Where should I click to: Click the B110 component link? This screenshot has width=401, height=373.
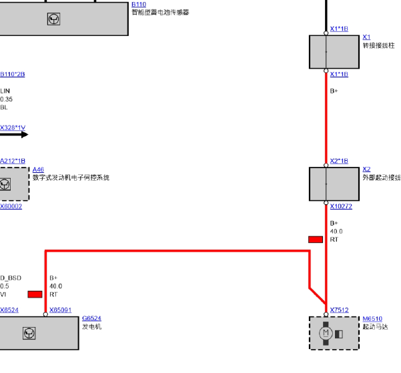pyautogui.click(x=139, y=5)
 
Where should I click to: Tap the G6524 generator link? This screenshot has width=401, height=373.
pyautogui.click(x=91, y=318)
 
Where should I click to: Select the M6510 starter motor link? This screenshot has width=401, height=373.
pyautogui.click(x=372, y=318)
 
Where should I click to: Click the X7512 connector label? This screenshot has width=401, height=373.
pyautogui.click(x=339, y=310)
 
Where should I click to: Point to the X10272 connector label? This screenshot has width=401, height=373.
pyautogui.click(x=341, y=206)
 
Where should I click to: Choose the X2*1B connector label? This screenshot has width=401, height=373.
pyautogui.click(x=339, y=161)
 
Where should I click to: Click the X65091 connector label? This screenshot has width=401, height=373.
pyautogui.click(x=60, y=310)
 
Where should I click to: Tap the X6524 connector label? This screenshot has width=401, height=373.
pyautogui.click(x=9, y=310)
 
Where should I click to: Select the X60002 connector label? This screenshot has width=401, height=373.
pyautogui.click(x=11, y=206)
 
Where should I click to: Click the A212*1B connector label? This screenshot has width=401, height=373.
pyautogui.click(x=13, y=161)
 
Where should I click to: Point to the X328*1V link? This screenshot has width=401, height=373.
pyautogui.click(x=13, y=127)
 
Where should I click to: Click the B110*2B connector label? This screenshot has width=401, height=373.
pyautogui.click(x=13, y=74)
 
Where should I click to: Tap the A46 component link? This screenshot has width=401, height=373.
pyautogui.click(x=38, y=169)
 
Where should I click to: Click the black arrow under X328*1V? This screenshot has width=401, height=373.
pyautogui.click(x=14, y=135)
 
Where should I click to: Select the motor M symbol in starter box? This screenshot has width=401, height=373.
pyautogui.click(x=326, y=333)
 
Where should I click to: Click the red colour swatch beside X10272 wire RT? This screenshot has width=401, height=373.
pyautogui.click(x=316, y=240)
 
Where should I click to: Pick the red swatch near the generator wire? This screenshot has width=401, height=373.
pyautogui.click(x=35, y=294)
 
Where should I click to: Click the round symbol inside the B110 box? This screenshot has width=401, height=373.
pyautogui.click(x=53, y=19)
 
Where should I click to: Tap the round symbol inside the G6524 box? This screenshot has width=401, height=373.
pyautogui.click(x=29, y=333)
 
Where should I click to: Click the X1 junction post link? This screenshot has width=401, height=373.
pyautogui.click(x=366, y=37)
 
